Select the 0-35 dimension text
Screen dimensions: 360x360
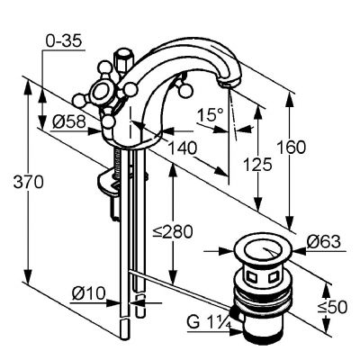(x=62, y=41)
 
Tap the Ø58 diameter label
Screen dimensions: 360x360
(x=67, y=121)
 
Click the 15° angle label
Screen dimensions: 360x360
(x=208, y=114)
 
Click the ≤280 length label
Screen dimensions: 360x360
(x=172, y=231)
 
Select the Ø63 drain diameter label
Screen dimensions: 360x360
(x=323, y=241)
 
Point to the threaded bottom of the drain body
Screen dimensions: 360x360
(x=261, y=330)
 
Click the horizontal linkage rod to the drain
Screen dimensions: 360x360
(x=180, y=284)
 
